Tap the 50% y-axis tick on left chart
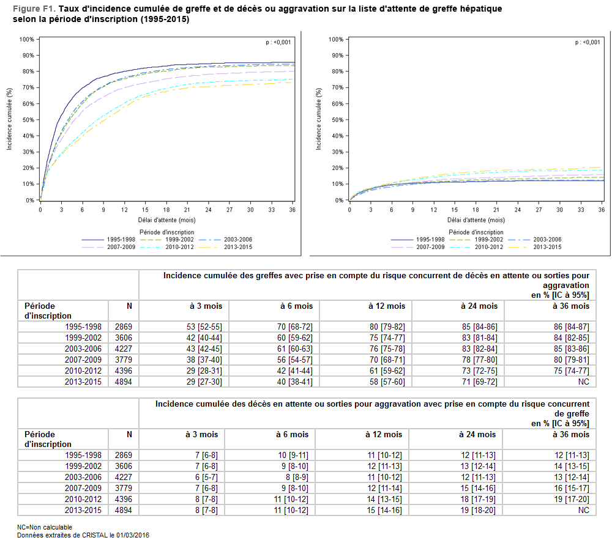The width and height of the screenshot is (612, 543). click(x=27, y=120)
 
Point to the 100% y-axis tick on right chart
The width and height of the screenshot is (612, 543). click(x=335, y=40)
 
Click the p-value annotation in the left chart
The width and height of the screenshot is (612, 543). click(x=278, y=42)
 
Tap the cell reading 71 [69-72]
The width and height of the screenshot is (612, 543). click(x=477, y=382)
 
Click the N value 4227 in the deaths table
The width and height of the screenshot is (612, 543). click(x=123, y=477)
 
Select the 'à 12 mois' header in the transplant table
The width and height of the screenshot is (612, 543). click(x=386, y=306)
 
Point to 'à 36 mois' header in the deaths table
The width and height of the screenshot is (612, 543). click(x=571, y=434)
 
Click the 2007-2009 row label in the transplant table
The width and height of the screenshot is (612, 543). click(x=84, y=360)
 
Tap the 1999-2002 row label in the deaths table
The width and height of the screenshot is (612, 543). click(x=84, y=466)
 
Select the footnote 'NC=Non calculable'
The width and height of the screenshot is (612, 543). click(x=45, y=526)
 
